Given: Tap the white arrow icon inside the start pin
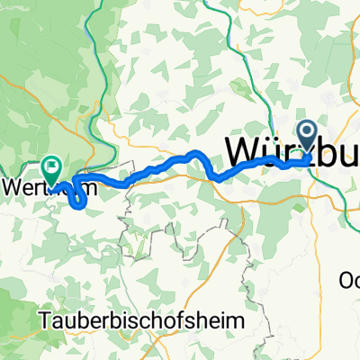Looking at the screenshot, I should click(x=307, y=133).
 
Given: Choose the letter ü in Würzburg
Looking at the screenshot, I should click(x=273, y=150).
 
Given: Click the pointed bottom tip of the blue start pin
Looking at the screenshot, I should click(x=307, y=154).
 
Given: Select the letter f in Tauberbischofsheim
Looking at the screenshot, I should click(x=166, y=318).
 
